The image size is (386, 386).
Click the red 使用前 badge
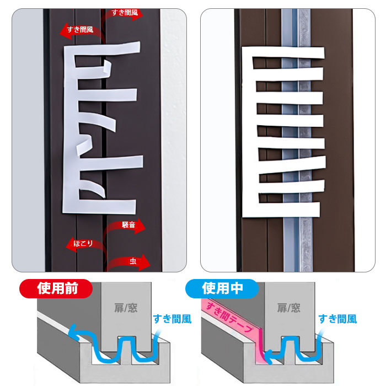(56, 288)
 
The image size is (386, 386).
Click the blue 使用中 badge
(222, 288)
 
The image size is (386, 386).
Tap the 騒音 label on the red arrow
(128, 225)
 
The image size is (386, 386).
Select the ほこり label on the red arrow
(83, 244)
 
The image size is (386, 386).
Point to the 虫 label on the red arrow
(133, 261)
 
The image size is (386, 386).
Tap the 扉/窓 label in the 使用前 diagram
(126, 308)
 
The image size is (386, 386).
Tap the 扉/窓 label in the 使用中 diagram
(288, 308)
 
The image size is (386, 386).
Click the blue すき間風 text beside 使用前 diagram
(172, 319)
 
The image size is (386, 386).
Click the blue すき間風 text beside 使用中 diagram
(337, 319)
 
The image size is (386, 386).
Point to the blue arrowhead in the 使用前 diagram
(73, 331)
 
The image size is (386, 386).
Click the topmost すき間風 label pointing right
(125, 12)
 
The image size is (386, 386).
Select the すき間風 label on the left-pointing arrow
(80, 30)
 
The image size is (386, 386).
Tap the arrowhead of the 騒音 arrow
(140, 226)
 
